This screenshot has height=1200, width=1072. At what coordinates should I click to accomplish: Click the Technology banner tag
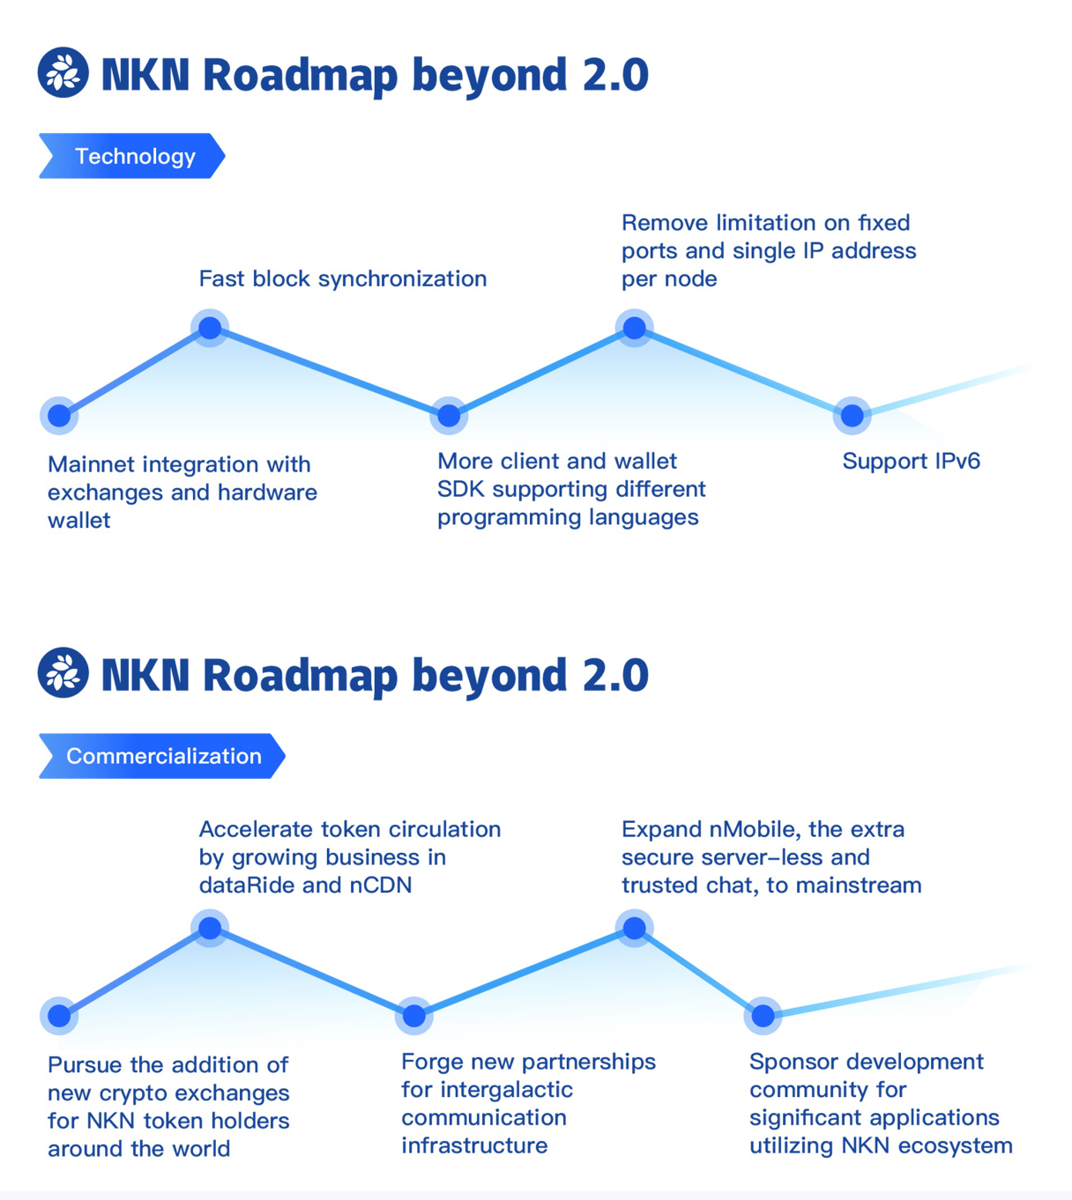click(x=132, y=156)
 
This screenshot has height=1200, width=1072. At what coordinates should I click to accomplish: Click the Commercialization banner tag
click(x=162, y=756)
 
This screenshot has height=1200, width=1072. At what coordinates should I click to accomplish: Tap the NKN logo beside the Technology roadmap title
click(x=63, y=72)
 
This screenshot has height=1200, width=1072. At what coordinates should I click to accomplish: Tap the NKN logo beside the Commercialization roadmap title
click(x=63, y=673)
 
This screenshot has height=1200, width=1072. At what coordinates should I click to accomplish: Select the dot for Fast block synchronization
click(x=210, y=328)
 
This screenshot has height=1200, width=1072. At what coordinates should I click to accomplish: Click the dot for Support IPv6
click(x=852, y=415)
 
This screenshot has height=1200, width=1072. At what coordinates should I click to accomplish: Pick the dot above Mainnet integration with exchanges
click(x=59, y=415)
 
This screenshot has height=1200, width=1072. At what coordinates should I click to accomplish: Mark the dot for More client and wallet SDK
click(x=449, y=415)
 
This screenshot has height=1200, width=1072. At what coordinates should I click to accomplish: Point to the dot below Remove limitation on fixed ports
click(x=634, y=328)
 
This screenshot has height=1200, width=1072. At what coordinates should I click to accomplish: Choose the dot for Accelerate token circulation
click(x=210, y=928)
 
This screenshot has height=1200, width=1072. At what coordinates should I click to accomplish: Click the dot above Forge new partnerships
click(x=413, y=1016)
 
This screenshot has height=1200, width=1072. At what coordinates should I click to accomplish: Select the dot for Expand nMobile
click(x=634, y=928)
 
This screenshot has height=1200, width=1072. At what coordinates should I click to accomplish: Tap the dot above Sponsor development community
click(x=763, y=1016)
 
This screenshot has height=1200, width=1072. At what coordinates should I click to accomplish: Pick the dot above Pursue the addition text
click(x=59, y=1016)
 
